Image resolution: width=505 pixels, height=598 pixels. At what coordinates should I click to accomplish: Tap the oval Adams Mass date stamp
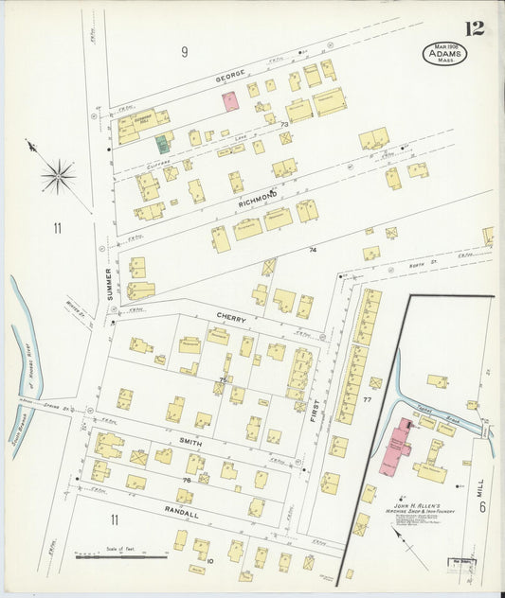click(x=444, y=54)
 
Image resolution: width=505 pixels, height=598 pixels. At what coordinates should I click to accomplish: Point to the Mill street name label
click(x=480, y=487)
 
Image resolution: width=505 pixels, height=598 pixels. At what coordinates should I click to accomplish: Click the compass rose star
click(x=58, y=176)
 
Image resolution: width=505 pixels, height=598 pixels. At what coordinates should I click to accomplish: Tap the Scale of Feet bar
click(x=121, y=556)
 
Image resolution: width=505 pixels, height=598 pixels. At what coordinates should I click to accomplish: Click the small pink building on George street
click(x=230, y=101)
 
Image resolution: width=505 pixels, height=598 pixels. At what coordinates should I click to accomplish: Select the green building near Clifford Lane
click(x=163, y=144)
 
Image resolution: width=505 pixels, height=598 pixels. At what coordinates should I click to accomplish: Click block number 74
click(x=312, y=250)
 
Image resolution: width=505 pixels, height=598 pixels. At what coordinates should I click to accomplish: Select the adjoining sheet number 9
click(x=186, y=52)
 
